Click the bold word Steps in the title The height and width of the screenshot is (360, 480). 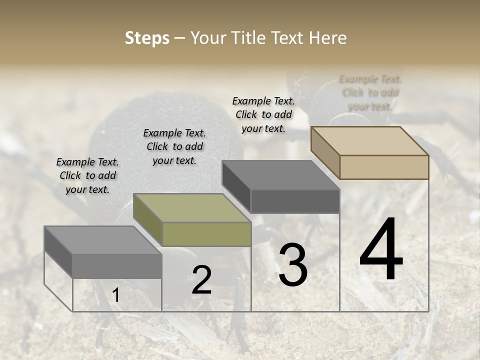(147, 38)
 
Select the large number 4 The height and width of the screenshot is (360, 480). (381, 250)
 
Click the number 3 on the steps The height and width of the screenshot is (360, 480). (293, 265)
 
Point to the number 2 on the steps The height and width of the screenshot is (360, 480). (201, 280)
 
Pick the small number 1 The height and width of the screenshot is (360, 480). (115, 295)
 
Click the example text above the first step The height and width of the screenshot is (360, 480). (87, 175)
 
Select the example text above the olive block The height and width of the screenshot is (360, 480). (174, 146)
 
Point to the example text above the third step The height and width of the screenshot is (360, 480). (263, 114)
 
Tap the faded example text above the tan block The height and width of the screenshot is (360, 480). (370, 92)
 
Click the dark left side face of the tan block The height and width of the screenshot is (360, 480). (325, 152)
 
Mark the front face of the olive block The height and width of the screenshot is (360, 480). (206, 234)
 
